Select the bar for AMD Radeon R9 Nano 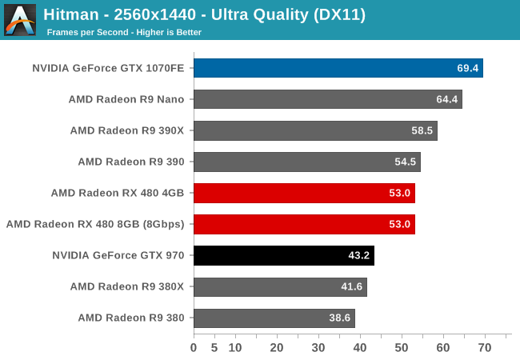(327, 99)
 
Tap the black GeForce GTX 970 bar (283, 255)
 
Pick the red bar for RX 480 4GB (304, 193)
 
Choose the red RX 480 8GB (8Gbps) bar (304, 224)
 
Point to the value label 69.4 (467, 68)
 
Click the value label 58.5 (422, 130)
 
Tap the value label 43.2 (359, 255)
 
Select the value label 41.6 (352, 286)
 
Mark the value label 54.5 (406, 162)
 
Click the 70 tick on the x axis (485, 348)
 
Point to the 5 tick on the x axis (214, 348)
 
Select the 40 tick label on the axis (360, 348)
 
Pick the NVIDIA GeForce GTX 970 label (118, 255)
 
